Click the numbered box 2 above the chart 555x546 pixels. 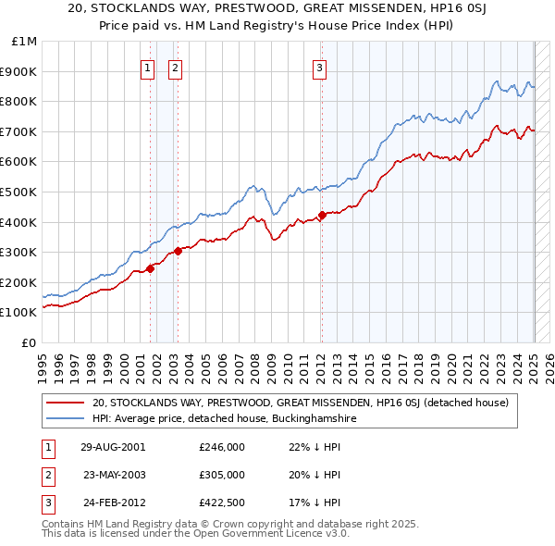(175, 66)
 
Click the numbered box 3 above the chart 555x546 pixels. (319, 66)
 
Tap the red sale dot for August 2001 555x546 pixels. (150, 268)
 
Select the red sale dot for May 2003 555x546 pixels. (178, 251)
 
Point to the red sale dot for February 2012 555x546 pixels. (321, 215)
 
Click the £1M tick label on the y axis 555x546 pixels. (25, 42)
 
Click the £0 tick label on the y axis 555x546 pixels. (31, 342)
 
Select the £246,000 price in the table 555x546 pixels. (222, 446)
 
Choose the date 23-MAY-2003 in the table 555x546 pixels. (115, 475)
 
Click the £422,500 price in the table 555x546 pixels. (222, 503)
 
